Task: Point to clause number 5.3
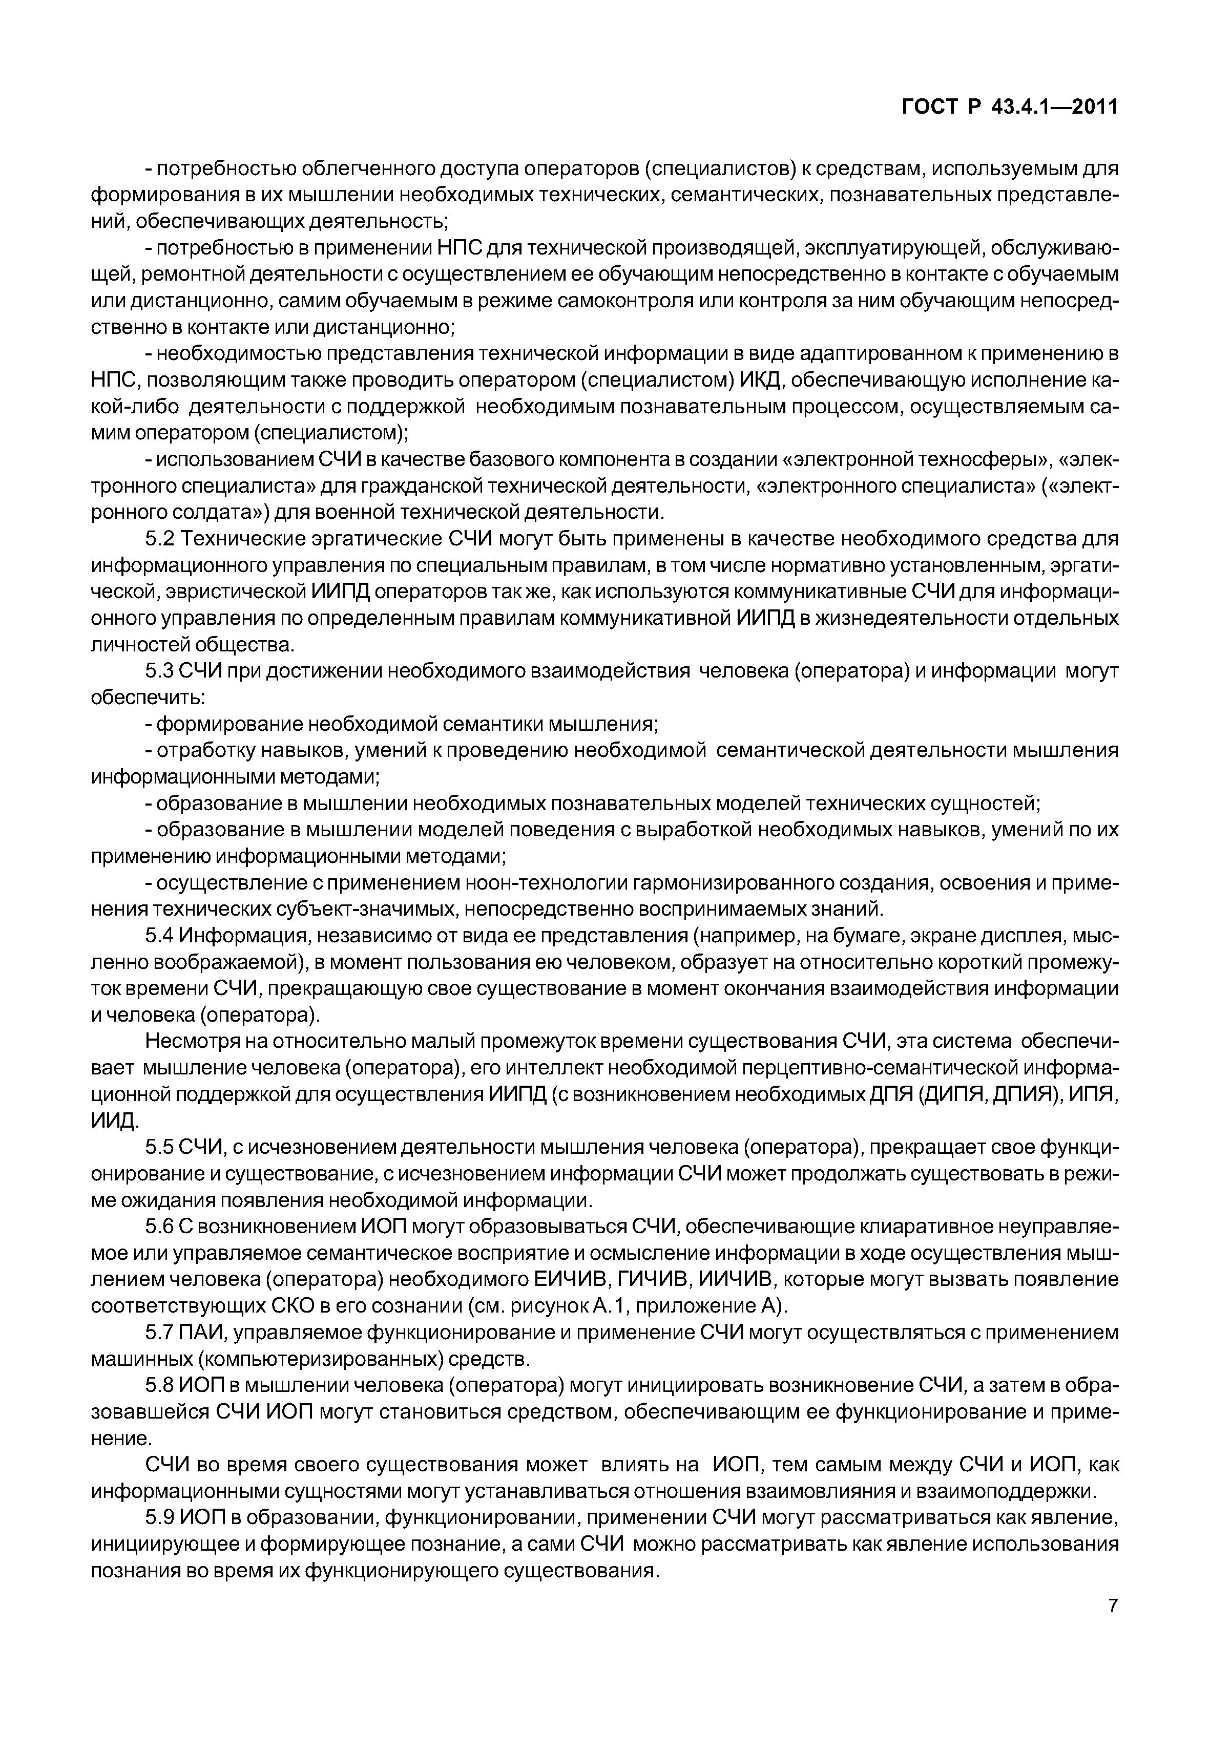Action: click(x=160, y=671)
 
